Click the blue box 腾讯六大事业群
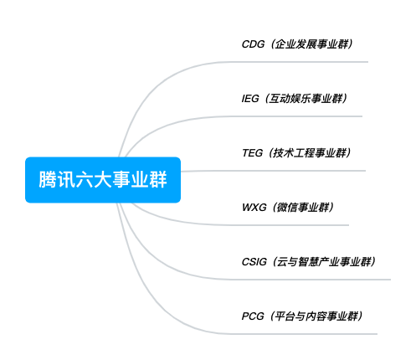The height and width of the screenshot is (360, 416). (103, 180)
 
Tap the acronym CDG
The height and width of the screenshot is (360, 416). (253, 44)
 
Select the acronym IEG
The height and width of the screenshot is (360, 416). (250, 99)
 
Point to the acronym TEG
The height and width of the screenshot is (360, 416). (253, 153)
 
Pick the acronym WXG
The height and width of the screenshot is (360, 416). (254, 208)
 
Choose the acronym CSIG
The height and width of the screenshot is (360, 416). (254, 262)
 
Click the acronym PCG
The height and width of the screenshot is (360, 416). (253, 316)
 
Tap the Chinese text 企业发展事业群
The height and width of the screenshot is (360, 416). (312, 44)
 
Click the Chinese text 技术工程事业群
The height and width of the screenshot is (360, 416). (310, 153)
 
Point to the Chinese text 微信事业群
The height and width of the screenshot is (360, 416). (303, 208)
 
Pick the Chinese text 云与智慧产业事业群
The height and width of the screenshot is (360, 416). (324, 262)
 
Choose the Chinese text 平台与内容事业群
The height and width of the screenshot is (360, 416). (316, 316)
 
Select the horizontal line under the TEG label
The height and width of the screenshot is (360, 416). (274, 171)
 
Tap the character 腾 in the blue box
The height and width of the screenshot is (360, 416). (47, 179)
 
